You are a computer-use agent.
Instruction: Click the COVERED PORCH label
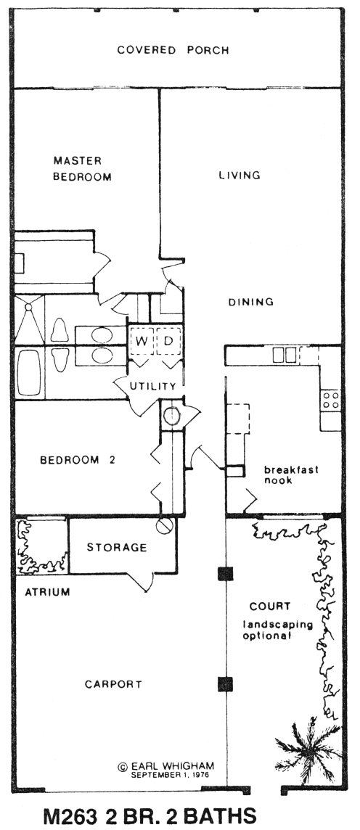pyautogui.click(x=173, y=50)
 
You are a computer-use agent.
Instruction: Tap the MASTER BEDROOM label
pyautogui.click(x=82, y=168)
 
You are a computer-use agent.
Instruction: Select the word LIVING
pyautogui.click(x=240, y=175)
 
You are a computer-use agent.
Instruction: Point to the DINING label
pyautogui.click(x=251, y=303)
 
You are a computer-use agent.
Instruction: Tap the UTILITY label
pyautogui.click(x=152, y=386)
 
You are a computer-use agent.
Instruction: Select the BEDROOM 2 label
pyautogui.click(x=78, y=460)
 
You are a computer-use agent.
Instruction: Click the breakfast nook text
pyautogui.click(x=292, y=474)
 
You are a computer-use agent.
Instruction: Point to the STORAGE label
pyautogui.click(x=116, y=547)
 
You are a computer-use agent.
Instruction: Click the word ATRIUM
pyautogui.click(x=48, y=592)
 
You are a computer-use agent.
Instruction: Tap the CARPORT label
pyautogui.click(x=113, y=684)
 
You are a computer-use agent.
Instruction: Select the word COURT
pyautogui.click(x=270, y=606)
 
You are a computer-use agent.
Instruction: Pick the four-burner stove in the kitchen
pyautogui.click(x=330, y=400)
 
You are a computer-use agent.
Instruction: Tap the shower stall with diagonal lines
pyautogui.click(x=29, y=320)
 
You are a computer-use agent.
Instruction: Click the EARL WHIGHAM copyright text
pyautogui.click(x=173, y=766)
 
